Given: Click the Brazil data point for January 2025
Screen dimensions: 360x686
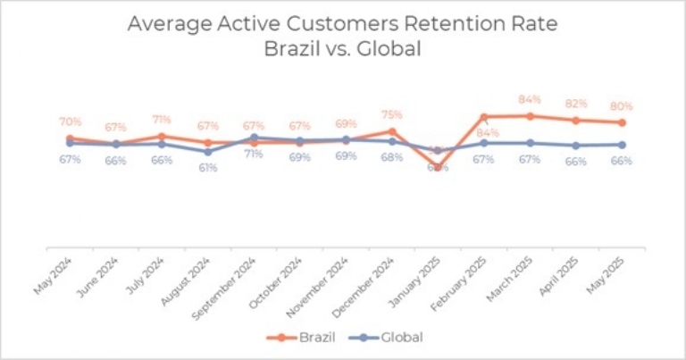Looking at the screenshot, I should click(438, 166).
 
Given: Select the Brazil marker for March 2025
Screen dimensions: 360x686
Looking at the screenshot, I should click(530, 115).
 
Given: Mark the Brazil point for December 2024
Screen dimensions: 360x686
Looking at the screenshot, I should click(391, 131).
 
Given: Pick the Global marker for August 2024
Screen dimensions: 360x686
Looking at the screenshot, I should click(208, 151).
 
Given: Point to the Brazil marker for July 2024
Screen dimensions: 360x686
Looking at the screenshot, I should click(162, 136).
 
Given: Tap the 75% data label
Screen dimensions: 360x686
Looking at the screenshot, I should click(391, 114).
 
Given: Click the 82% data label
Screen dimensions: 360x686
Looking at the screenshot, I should click(575, 104).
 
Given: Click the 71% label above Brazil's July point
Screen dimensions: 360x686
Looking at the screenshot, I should click(162, 119).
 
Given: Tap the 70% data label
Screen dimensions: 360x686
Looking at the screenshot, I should click(71, 121).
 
